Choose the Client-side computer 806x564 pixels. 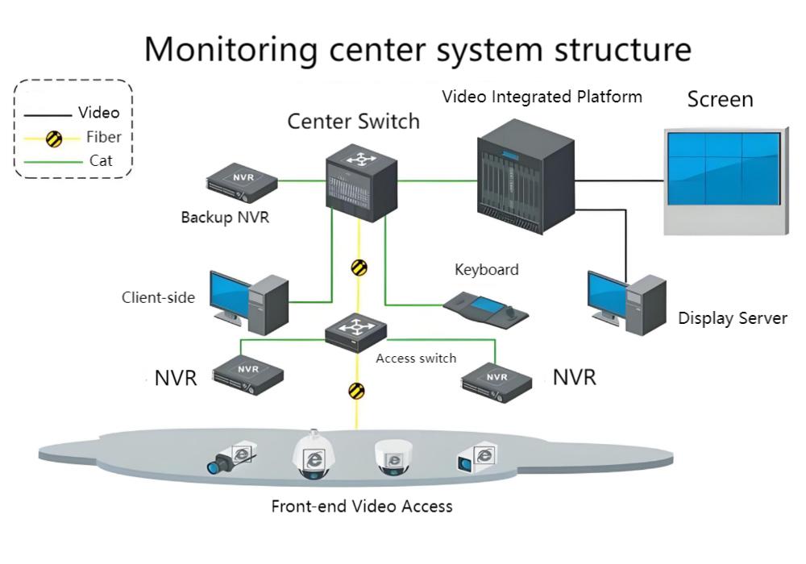248,301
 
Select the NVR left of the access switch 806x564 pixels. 248,374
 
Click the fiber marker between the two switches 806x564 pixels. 359,267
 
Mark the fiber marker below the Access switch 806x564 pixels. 356,391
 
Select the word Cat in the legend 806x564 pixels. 101,161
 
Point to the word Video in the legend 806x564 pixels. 98,113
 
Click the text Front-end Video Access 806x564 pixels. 362,507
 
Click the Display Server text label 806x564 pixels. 732,318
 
